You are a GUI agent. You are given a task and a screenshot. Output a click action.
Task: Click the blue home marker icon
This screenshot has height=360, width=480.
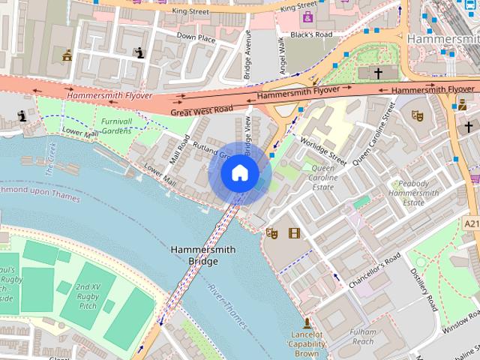coord(239,173)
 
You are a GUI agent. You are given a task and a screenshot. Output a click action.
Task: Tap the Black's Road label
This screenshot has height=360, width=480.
coord(310,35)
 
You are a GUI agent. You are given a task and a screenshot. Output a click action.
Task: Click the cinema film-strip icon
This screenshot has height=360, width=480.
coord(293,233)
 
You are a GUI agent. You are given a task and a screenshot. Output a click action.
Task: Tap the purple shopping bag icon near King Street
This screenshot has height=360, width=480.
coord(307,16)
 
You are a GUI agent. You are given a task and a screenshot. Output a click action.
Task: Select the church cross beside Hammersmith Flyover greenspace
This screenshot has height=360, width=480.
coord(378,73)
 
